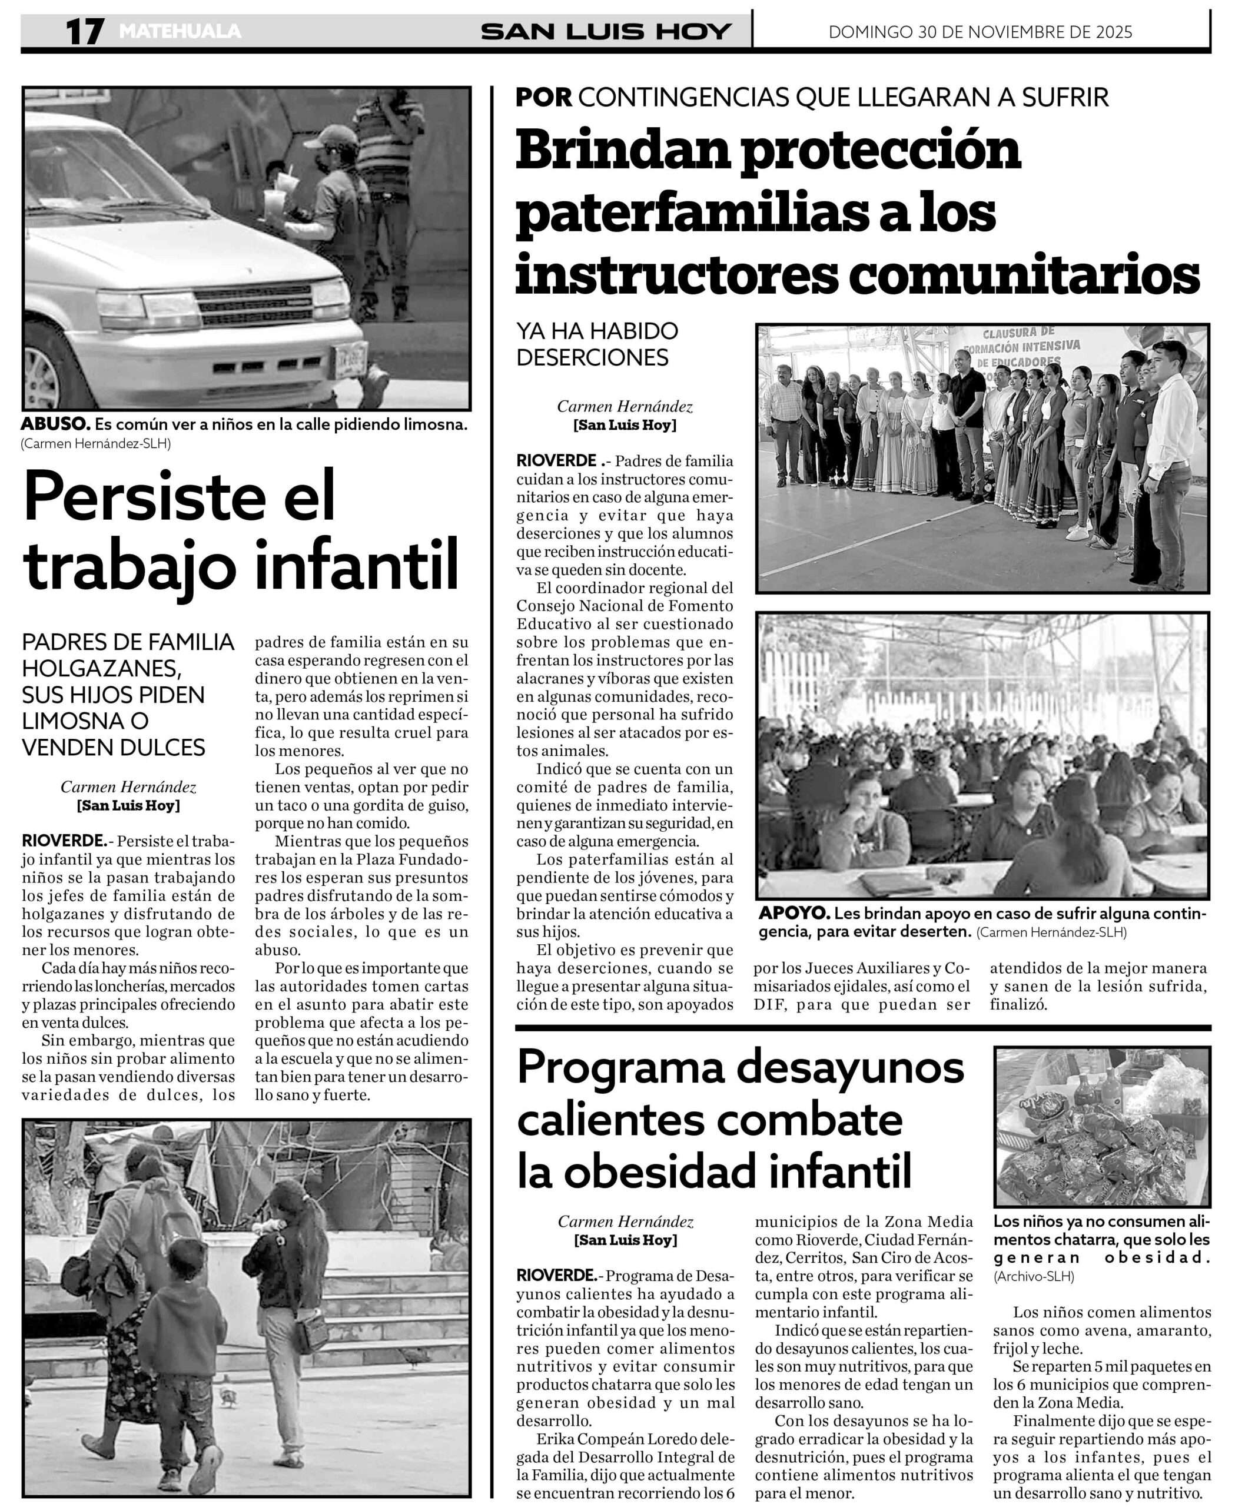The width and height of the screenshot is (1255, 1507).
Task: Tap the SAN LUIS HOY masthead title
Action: click(606, 32)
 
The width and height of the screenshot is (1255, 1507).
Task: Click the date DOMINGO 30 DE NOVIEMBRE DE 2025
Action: click(980, 32)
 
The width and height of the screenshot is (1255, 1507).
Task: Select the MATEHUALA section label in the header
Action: click(180, 32)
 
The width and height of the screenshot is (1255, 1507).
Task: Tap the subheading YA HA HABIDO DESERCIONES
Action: click(597, 344)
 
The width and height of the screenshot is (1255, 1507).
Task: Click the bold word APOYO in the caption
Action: click(793, 914)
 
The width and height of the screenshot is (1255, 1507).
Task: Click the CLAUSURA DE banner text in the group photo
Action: click(1018, 332)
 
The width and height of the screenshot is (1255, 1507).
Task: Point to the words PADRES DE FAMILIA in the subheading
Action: click(128, 642)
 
